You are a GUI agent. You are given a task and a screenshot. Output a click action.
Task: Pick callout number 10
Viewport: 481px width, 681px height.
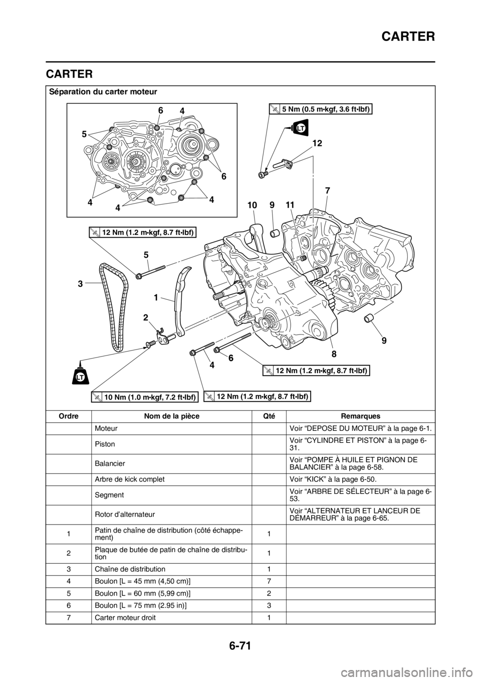click(253, 205)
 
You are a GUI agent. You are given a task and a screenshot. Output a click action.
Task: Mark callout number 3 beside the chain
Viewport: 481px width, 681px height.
click(80, 283)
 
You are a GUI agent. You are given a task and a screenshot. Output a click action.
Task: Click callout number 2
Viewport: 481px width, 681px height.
click(145, 317)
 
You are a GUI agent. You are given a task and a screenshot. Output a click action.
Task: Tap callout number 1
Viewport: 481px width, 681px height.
click(157, 297)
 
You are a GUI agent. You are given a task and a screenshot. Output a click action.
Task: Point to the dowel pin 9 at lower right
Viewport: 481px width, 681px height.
click(369, 319)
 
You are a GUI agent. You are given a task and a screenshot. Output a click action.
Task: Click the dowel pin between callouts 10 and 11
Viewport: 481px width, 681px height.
click(274, 233)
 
